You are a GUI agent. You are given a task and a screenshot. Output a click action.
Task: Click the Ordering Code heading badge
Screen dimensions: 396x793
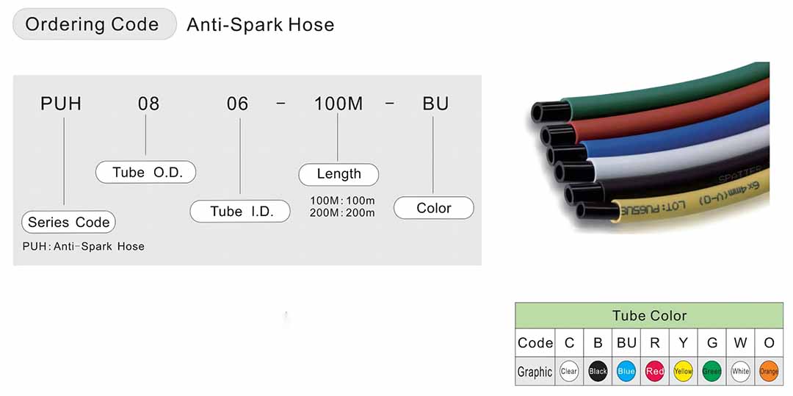pos(94,24)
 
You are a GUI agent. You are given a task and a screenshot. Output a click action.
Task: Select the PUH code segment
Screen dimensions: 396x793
pos(61,104)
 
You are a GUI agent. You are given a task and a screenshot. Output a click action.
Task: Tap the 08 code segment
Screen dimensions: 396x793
pos(148,104)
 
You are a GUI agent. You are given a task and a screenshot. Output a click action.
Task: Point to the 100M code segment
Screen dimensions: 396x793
pos(338,104)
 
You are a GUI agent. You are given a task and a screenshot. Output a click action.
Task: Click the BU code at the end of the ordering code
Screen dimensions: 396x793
pos(435,104)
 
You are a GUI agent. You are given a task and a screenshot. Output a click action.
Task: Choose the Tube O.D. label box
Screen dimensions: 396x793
pos(146,172)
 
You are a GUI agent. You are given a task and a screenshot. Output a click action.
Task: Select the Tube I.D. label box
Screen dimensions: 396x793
pos(242,212)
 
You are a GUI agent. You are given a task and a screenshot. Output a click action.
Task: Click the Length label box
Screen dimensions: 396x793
pos(338,174)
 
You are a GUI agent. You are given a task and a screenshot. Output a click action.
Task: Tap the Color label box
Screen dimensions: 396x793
pos(434,208)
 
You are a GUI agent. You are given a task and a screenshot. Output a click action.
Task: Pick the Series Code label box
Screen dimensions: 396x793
pos(68,222)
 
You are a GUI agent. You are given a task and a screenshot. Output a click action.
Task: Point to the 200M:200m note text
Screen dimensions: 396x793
pos(342,213)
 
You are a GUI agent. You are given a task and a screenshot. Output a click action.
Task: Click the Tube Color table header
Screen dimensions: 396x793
pos(649,316)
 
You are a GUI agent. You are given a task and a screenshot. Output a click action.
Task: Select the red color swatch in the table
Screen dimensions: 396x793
pos(655,371)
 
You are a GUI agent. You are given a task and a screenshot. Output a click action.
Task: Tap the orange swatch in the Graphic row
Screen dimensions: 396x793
pos(769,371)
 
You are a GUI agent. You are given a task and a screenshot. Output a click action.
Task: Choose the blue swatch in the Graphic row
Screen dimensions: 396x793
pos(626,371)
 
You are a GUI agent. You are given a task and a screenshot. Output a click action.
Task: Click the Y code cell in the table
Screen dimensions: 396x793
pos(683,342)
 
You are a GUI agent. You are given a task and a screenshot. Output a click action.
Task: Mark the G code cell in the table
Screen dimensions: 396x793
pos(711,342)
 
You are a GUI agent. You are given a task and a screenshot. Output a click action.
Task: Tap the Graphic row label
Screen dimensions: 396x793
pos(535,372)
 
